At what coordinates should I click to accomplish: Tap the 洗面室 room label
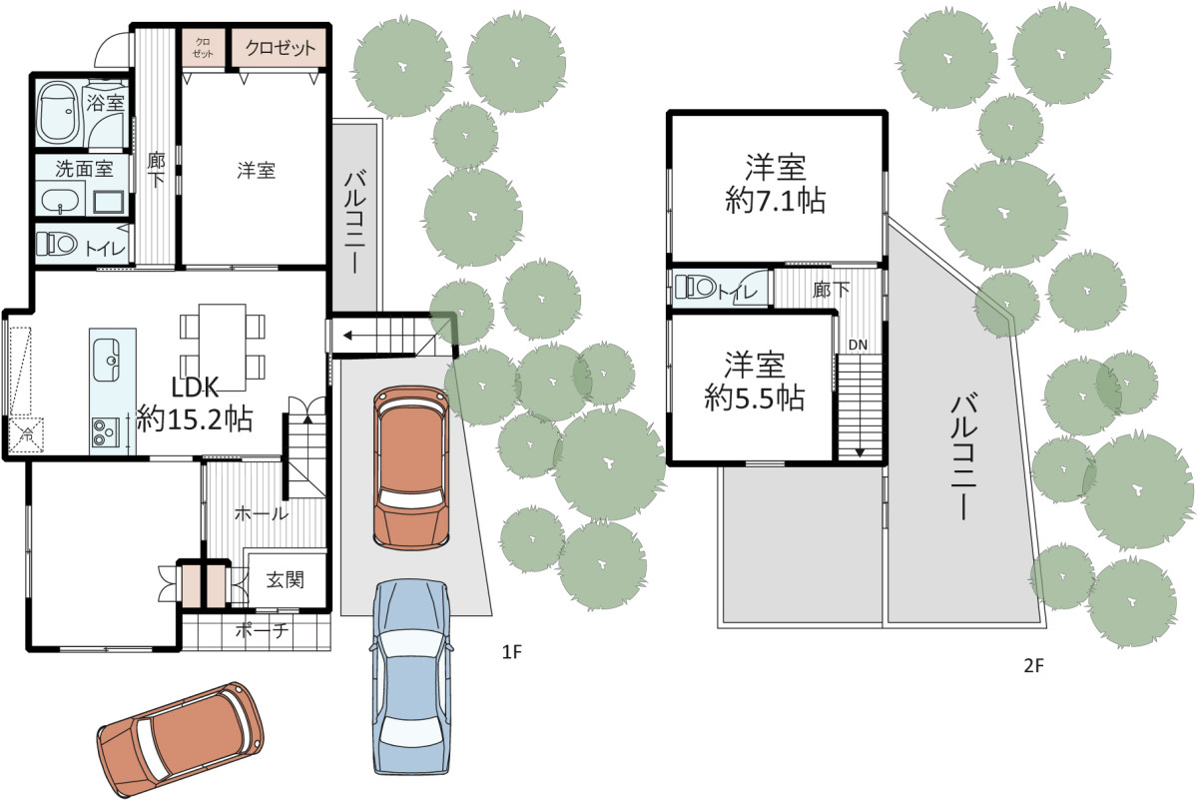coord(84,169)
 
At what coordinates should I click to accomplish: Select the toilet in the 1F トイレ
coord(57,245)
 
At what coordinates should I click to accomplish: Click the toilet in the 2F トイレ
coord(695,288)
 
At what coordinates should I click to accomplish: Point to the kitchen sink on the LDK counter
coord(106,360)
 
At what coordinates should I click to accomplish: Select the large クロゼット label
coord(281,48)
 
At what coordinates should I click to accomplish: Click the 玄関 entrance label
coord(286,579)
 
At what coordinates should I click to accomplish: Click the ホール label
coord(262,514)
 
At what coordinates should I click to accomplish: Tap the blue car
coord(410,678)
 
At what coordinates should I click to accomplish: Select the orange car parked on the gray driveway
coord(411,468)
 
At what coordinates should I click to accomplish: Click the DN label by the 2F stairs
coord(858,346)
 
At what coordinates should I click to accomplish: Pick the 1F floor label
coord(511,652)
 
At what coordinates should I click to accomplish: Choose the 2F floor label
coord(1034,665)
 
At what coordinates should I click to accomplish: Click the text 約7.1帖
coord(776,201)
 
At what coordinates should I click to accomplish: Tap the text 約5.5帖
coord(754,398)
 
